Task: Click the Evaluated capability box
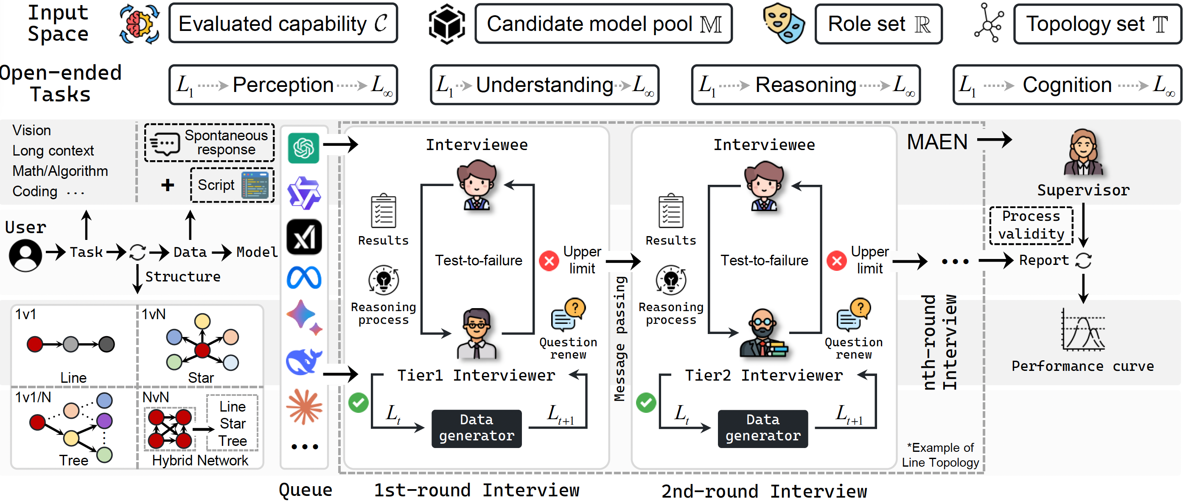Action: tap(283, 23)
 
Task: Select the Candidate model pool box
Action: tap(603, 24)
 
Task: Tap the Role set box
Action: tap(878, 24)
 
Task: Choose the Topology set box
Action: tap(1097, 24)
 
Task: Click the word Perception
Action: tap(283, 85)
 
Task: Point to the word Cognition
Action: tap(1067, 85)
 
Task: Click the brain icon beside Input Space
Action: tap(139, 24)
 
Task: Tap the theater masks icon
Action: tap(783, 23)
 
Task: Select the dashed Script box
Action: tap(233, 185)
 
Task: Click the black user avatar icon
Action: tap(25, 255)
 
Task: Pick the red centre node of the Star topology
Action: tap(202, 350)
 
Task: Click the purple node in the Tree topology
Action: tap(104, 420)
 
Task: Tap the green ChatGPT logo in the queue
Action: tap(303, 148)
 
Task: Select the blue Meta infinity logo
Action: tap(304, 278)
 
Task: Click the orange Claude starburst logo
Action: tap(304, 406)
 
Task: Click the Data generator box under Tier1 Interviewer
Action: tap(476, 428)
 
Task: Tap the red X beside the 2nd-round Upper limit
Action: tap(837, 261)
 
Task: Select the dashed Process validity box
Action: tap(1031, 225)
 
